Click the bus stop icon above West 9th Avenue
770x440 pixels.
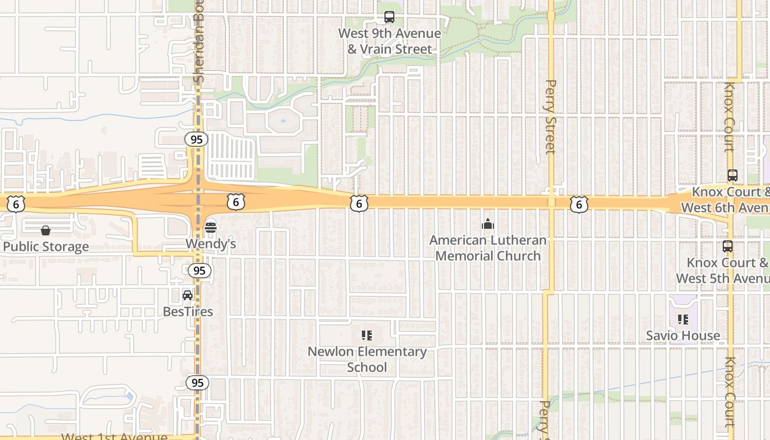[x=389, y=17]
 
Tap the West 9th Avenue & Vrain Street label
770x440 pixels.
[x=389, y=41]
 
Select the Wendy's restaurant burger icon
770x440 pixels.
[x=211, y=227]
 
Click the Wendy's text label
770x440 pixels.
[x=211, y=244]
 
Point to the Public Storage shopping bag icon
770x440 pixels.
[x=46, y=230]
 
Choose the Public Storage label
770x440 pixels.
[x=46, y=246]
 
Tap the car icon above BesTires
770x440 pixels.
[x=188, y=295]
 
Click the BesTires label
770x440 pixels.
[x=188, y=311]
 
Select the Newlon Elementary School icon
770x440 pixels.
[x=367, y=335]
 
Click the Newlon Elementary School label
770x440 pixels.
[x=367, y=359]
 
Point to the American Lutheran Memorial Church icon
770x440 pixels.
[x=488, y=224]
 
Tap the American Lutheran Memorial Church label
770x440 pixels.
[x=488, y=248]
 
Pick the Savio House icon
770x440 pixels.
[x=683, y=319]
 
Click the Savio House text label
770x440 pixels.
[x=683, y=335]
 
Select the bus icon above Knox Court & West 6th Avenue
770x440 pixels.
[x=733, y=175]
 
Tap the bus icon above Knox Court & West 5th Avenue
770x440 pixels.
[x=728, y=246]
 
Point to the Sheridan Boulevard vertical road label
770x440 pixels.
[x=199, y=41]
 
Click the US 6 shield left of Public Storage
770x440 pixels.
[x=16, y=204]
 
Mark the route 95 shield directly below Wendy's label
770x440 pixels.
[x=199, y=271]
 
